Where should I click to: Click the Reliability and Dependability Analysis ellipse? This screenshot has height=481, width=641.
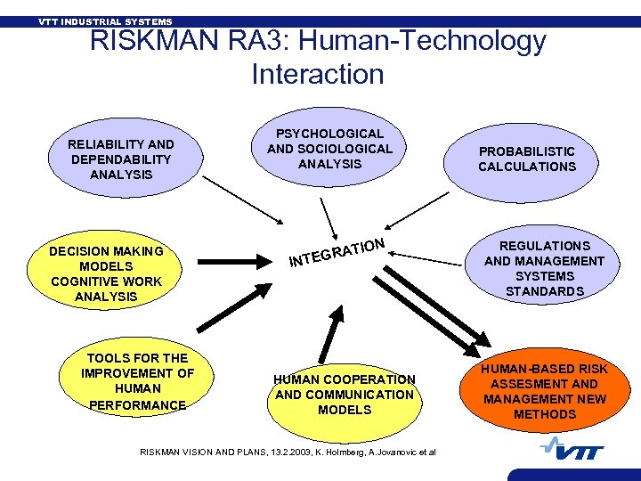[121, 159]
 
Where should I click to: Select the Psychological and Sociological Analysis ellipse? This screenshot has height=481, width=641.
[329, 148]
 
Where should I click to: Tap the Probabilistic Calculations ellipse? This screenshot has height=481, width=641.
[527, 159]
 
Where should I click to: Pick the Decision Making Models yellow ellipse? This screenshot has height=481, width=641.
[106, 273]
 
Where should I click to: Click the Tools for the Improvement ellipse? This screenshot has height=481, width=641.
[137, 380]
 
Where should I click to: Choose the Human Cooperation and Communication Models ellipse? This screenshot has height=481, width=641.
[344, 394]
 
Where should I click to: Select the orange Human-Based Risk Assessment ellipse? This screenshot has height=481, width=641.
[544, 391]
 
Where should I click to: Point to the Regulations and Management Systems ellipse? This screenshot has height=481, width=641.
[544, 267]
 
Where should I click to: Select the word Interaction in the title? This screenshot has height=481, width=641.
[317, 74]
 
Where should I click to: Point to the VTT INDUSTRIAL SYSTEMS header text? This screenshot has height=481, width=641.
[105, 21]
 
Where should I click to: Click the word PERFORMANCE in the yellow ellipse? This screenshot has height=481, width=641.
[137, 404]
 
